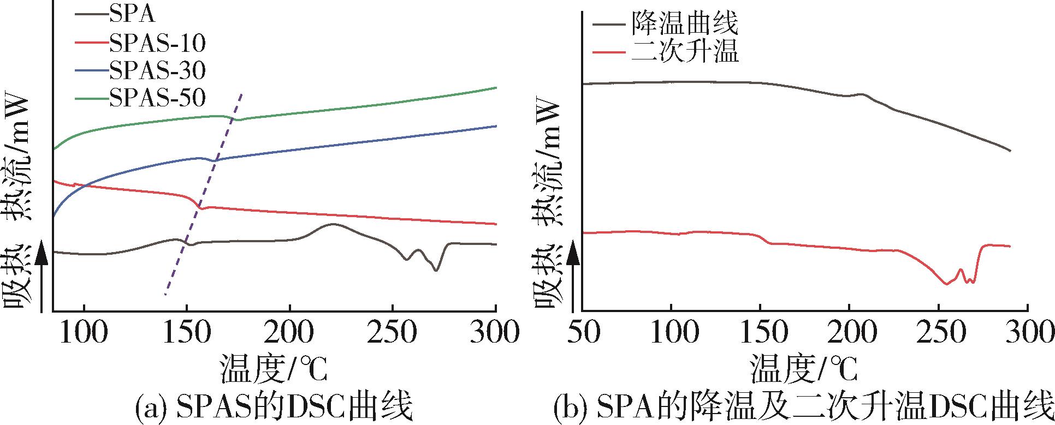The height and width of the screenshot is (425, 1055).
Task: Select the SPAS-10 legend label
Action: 157,43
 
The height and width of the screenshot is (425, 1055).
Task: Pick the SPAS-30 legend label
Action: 157,70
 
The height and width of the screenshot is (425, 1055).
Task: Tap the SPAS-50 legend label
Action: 157,98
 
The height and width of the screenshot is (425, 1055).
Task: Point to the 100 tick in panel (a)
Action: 84,333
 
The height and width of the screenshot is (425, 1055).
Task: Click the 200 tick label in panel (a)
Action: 289,333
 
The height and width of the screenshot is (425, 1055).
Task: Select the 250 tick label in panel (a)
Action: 393,333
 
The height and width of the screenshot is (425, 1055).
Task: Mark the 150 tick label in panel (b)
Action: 761,333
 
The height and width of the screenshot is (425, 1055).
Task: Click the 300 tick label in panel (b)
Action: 1027,333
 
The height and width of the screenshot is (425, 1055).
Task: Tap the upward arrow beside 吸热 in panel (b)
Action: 572,278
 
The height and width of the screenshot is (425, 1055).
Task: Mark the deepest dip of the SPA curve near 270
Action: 435,270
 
